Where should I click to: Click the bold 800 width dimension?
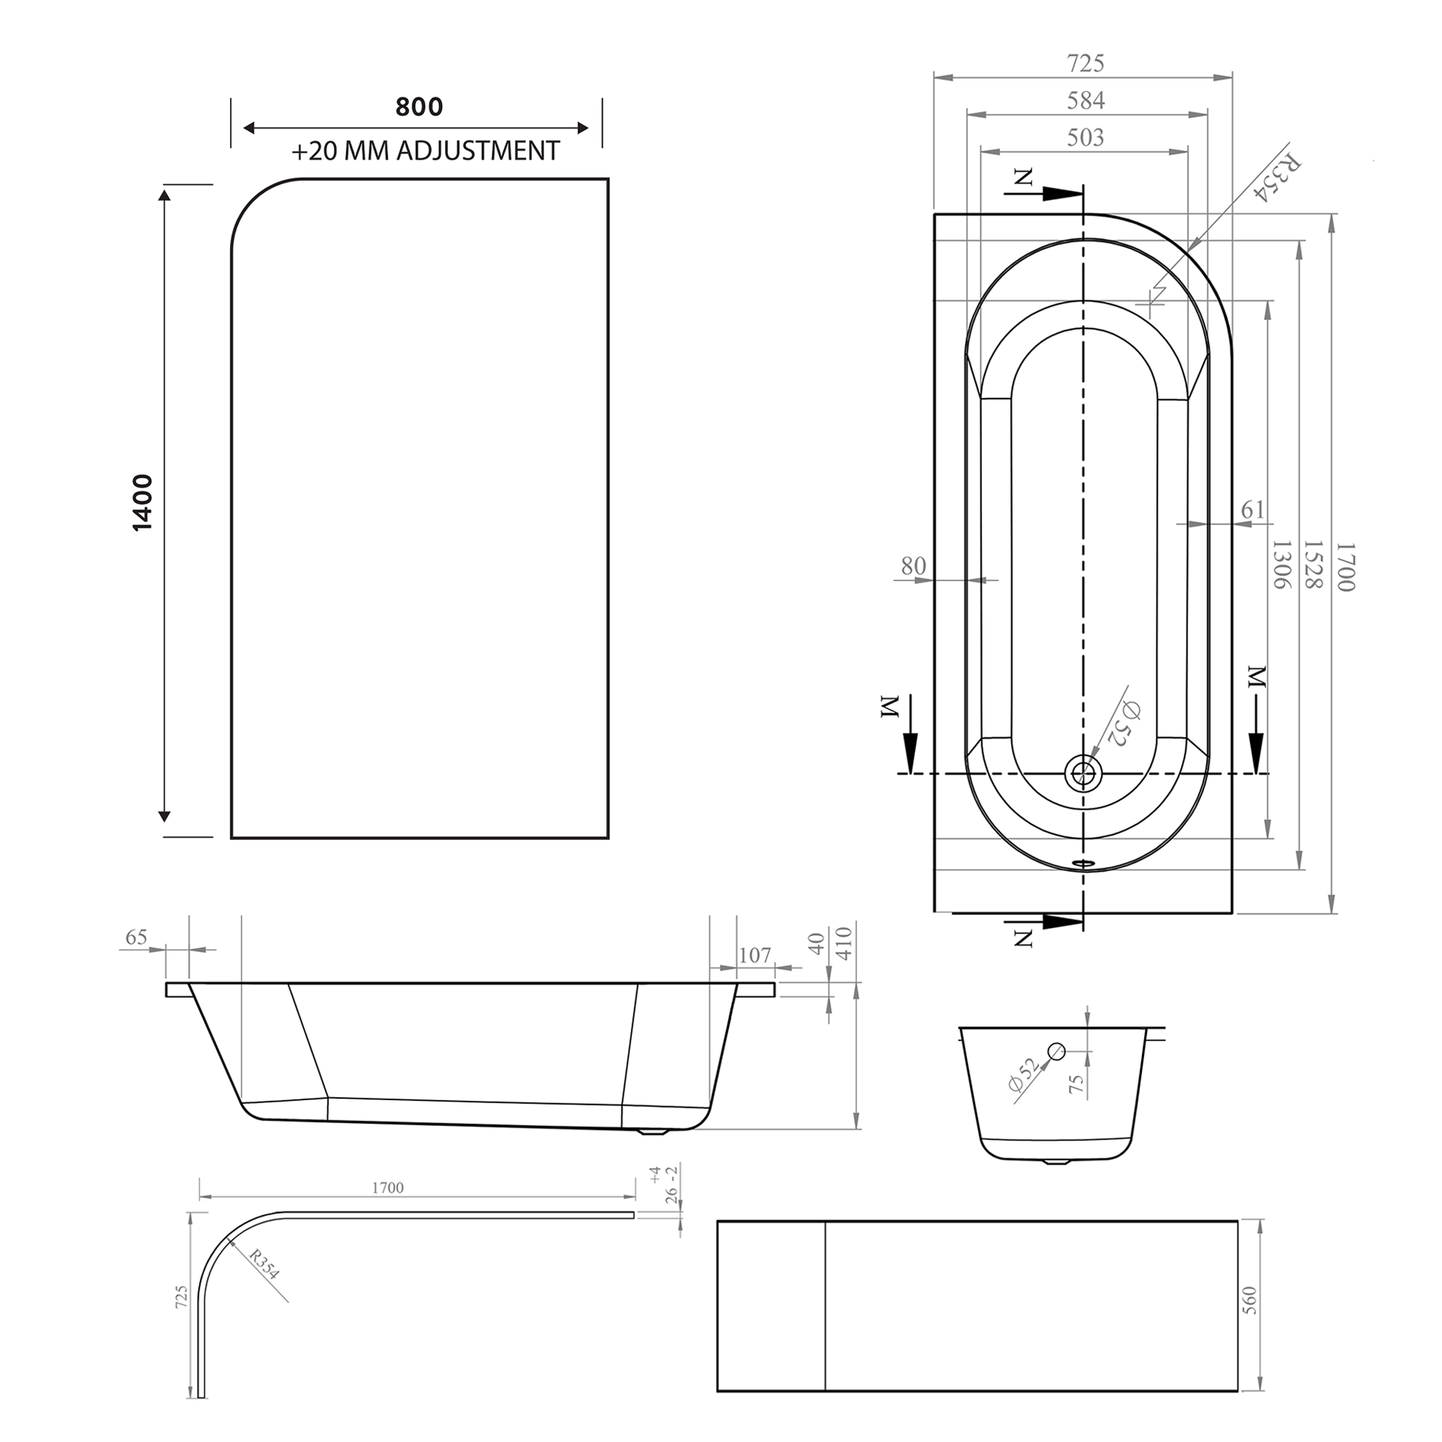(x=419, y=107)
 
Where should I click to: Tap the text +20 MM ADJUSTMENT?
(x=425, y=151)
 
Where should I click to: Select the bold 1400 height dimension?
(x=142, y=503)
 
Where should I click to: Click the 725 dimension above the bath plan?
(x=1085, y=63)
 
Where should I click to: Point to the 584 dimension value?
(x=1085, y=100)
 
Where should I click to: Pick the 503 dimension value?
(x=1085, y=137)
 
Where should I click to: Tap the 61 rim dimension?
(x=1252, y=509)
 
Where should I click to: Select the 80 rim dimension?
(x=913, y=566)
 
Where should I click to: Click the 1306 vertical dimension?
(x=1280, y=565)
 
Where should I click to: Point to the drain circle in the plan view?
(x=1083, y=772)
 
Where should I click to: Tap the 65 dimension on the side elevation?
(x=136, y=937)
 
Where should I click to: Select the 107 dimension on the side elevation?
(x=755, y=955)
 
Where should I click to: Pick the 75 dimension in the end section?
(x=1076, y=1084)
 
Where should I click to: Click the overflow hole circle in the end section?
(x=1056, y=1051)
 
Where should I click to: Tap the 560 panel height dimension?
(x=1250, y=1301)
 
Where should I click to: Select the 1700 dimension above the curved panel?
(x=387, y=1187)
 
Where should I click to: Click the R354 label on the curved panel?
(x=263, y=1265)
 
